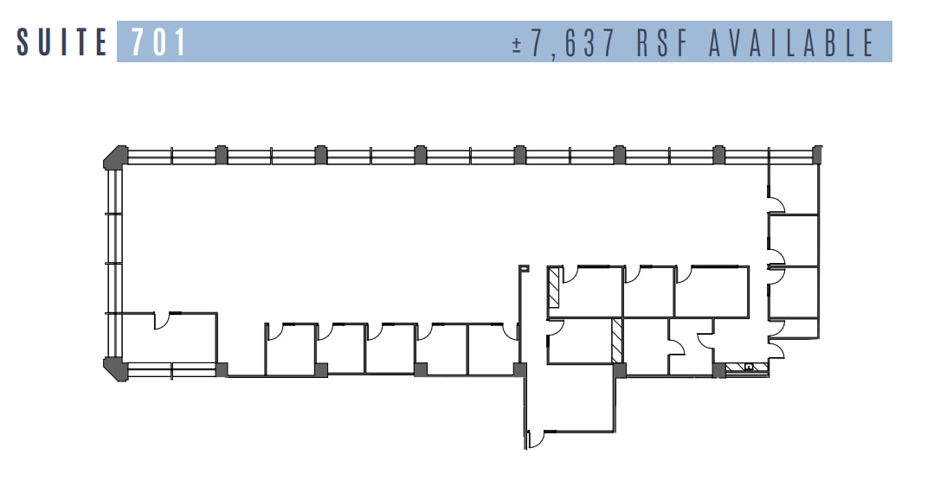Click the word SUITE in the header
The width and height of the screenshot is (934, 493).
[x=61, y=42]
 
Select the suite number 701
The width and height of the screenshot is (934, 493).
[x=159, y=42]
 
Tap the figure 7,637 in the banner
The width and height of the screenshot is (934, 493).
[x=576, y=42]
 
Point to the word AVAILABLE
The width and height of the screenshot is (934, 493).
[x=792, y=42]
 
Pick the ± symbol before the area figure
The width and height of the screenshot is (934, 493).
[x=518, y=43]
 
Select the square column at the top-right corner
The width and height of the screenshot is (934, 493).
[x=818, y=154]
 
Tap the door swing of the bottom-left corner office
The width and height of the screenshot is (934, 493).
[x=164, y=320]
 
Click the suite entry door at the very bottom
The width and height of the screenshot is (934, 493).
[x=534, y=439]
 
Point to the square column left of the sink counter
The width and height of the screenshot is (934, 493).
[x=718, y=370]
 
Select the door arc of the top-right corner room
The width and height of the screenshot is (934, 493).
[x=776, y=204]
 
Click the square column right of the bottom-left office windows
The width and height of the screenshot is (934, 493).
[x=222, y=369]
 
